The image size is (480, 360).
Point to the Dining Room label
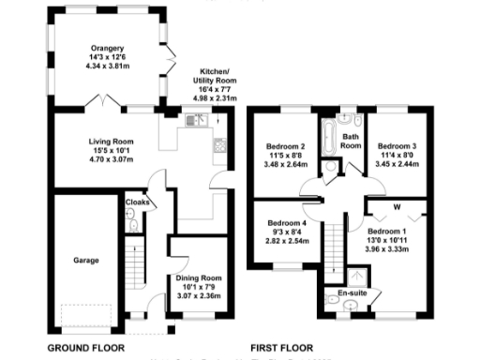199,278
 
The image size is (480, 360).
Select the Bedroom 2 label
288,146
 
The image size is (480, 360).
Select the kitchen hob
220,145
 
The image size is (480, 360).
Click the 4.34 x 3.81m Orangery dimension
108,66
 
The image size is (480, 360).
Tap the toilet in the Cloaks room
133,223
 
